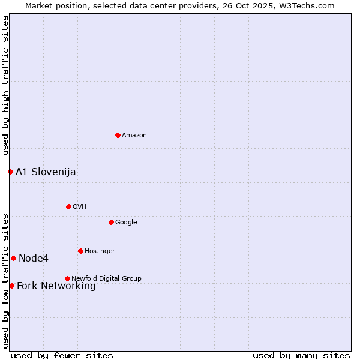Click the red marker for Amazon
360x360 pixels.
pyautogui.click(x=118, y=135)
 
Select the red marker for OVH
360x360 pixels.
pyautogui.click(x=68, y=206)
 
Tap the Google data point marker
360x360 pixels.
pyautogui.click(x=111, y=222)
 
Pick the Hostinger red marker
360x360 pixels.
pyautogui.click(x=80, y=251)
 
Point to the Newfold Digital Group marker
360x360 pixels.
pyautogui.click(x=67, y=278)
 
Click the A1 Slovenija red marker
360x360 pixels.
pyautogui.click(x=10, y=172)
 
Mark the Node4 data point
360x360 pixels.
pyautogui.click(x=13, y=258)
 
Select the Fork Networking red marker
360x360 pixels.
pyautogui.click(x=11, y=286)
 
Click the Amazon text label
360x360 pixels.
pyautogui.click(x=134, y=136)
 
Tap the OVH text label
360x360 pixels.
pyautogui.click(x=80, y=207)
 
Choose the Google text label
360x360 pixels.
pyautogui.click(x=126, y=223)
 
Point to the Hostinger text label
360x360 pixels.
pyautogui.click(x=100, y=251)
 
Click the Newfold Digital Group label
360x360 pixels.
pyautogui.click(x=106, y=279)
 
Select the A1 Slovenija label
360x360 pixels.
pyautogui.click(x=46, y=172)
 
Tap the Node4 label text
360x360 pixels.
pyautogui.click(x=34, y=259)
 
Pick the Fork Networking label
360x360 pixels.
pyautogui.click(x=56, y=286)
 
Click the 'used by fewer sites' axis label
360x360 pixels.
pyautogui.click(x=62, y=356)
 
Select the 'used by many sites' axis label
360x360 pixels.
pyautogui.click(x=301, y=356)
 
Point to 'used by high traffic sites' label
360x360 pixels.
pyautogui.click(x=5, y=86)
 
